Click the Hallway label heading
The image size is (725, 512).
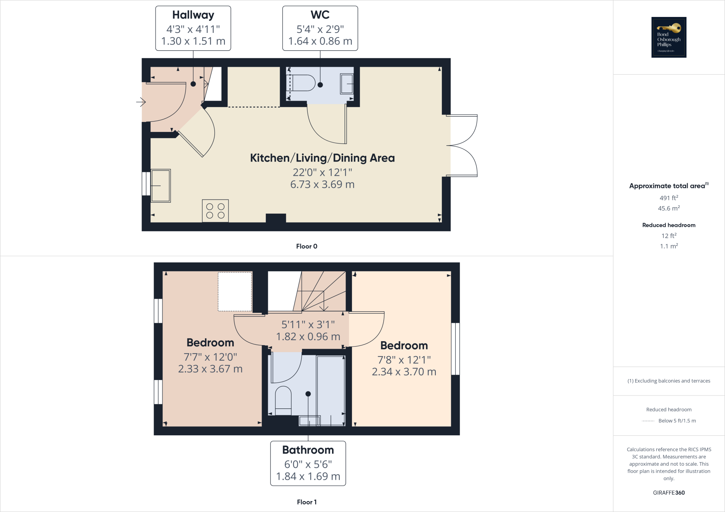(193, 15)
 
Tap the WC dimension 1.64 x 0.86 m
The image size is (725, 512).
(320, 41)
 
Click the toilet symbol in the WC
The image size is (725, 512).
(303, 83)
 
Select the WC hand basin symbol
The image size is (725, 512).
(347, 84)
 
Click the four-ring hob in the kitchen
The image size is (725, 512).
(215, 211)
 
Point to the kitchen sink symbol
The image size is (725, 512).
(161, 186)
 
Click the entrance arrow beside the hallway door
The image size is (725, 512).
(141, 102)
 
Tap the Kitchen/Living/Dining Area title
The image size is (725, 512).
(322, 158)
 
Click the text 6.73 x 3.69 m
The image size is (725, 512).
(322, 185)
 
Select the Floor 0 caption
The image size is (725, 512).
(307, 246)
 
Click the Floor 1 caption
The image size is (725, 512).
(307, 502)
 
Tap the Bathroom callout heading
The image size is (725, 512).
(308, 450)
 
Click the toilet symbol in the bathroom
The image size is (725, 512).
(283, 401)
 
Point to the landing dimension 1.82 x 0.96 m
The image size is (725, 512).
(308, 337)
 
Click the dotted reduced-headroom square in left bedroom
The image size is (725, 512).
(235, 291)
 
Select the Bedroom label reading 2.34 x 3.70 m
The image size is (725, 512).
(404, 371)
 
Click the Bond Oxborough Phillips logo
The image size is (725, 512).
(669, 37)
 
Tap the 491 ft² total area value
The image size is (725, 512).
(669, 198)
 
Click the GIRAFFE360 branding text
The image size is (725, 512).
(669, 493)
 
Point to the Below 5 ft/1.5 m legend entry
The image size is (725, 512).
(677, 421)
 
